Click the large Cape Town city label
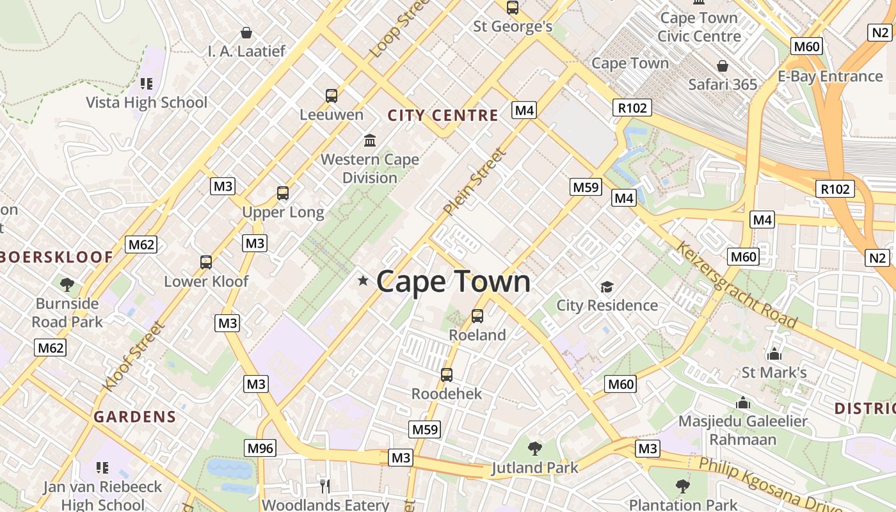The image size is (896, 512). coord(453,282)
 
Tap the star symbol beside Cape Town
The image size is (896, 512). coord(363,280)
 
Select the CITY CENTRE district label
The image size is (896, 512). coord(443,115)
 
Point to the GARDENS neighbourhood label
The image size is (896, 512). coord(134,417)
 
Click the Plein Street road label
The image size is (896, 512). coord(475,182)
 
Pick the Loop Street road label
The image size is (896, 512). coord(398,29)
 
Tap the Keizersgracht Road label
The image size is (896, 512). coord(736,284)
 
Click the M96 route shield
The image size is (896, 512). coord(260,448)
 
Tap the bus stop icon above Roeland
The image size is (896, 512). coord(477,316)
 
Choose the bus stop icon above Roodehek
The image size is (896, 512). coord(447,375)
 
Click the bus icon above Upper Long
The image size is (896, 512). coord(283,193)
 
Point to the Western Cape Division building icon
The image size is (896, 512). coord(370,140)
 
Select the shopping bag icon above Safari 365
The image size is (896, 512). coord(723,66)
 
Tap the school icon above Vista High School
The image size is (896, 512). coord(147,84)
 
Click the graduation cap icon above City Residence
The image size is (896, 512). coord(607,287)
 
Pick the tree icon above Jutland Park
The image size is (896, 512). coord(534,449)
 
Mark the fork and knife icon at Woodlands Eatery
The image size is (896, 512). coord(325,486)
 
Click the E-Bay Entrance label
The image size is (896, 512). coord(829,76)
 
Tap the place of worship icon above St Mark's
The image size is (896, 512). coord(774,354)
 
